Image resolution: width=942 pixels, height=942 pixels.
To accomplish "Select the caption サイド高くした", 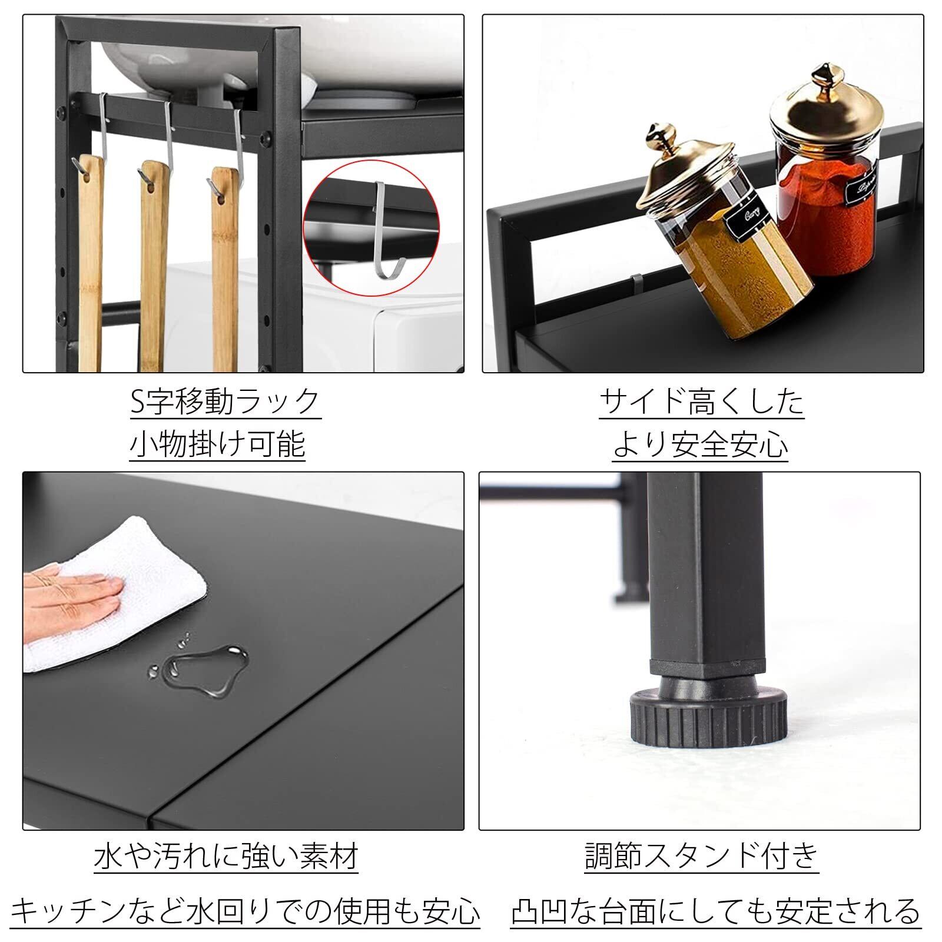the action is coord(701,402).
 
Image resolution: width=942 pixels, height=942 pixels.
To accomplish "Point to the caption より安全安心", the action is coord(701,444).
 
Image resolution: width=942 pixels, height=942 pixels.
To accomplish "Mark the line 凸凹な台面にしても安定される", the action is coord(715,911).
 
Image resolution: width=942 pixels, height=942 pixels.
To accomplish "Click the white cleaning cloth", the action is coord(112,595).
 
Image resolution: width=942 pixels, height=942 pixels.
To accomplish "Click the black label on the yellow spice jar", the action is coord(747,219).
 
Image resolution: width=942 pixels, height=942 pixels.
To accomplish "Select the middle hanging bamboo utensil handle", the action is coord(154,265).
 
